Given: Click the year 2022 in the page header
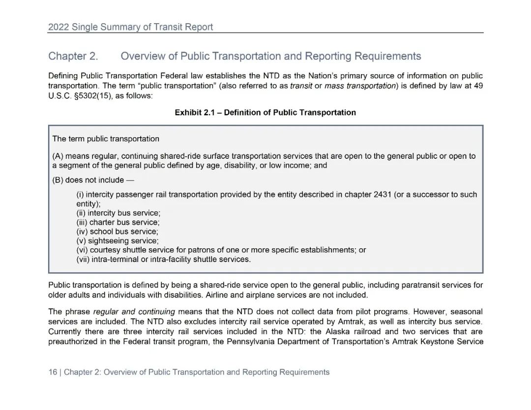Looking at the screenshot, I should click(59, 28).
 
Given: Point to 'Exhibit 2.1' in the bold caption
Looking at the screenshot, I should click(195, 113).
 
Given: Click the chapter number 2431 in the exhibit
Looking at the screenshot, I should click(382, 195).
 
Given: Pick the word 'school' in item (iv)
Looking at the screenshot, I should click(101, 232).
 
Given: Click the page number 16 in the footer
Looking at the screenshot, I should click(53, 373).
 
